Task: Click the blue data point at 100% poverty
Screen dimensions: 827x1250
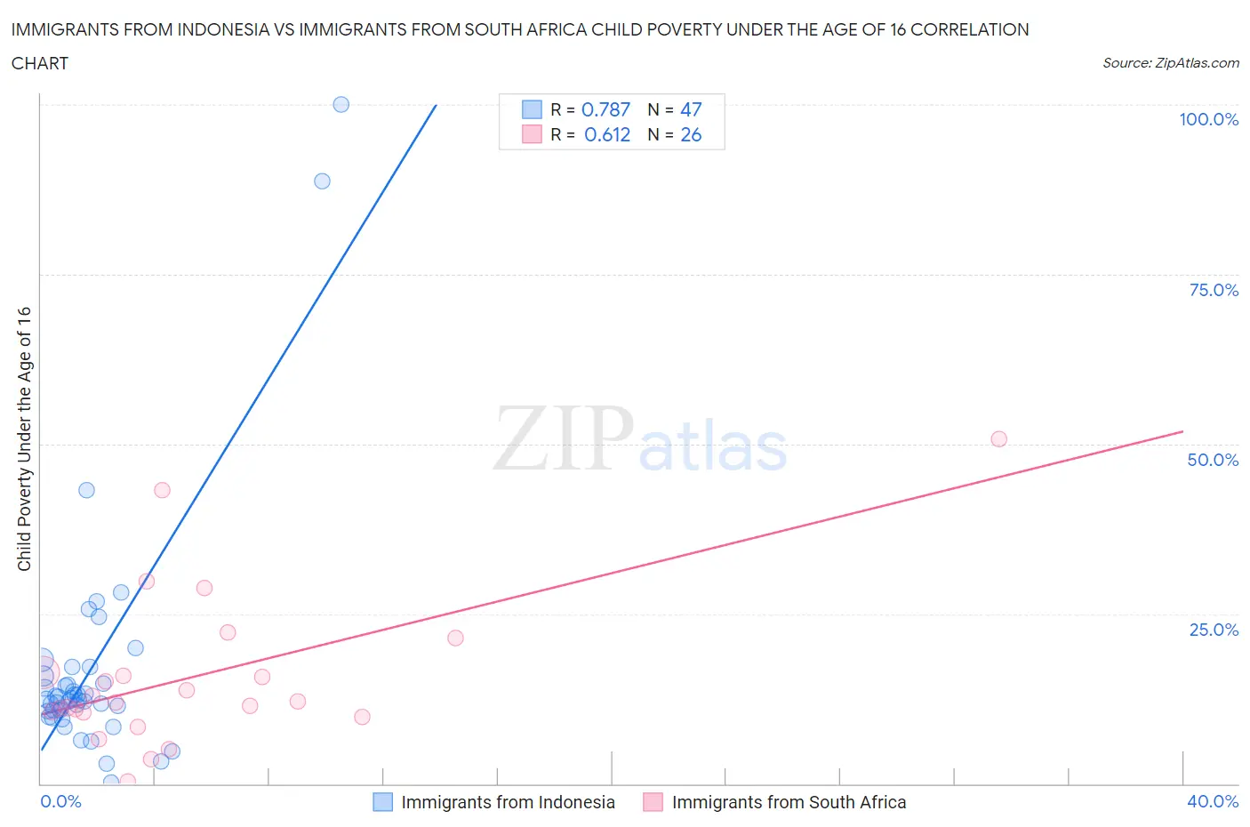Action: [341, 104]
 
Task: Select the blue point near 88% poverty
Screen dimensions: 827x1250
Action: [322, 181]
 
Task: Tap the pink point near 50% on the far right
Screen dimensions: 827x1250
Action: [998, 439]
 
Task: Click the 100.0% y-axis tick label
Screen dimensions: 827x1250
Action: [1208, 120]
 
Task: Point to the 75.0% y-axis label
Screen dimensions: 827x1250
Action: [1214, 291]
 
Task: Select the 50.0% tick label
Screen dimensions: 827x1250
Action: [1213, 461]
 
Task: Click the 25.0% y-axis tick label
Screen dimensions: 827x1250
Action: [1214, 630]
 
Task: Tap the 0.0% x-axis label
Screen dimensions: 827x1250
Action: [60, 802]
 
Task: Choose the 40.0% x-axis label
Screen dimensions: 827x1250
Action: [1213, 802]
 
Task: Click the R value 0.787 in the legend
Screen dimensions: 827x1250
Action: [605, 109]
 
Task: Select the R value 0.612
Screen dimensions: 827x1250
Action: [607, 135]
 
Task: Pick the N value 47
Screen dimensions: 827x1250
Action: [691, 109]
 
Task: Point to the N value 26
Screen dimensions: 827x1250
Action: [691, 135]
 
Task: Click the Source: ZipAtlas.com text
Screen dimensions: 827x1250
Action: [1170, 63]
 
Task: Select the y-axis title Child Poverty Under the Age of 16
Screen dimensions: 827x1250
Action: [24, 439]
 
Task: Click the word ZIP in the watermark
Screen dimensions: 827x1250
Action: [564, 438]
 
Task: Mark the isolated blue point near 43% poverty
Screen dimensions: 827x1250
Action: [86, 490]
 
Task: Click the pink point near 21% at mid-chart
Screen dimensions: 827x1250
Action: [455, 638]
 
